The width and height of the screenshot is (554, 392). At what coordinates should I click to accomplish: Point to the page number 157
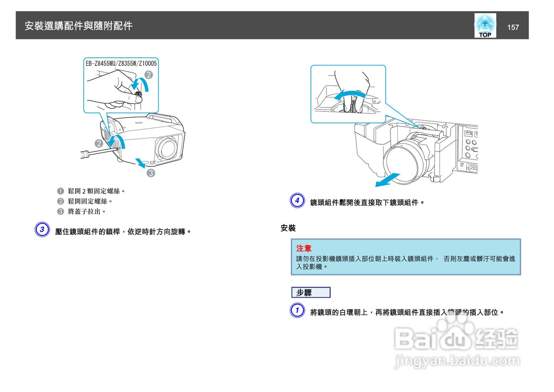click(x=513, y=27)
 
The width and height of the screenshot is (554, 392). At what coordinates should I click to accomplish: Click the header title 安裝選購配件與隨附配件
click(x=78, y=26)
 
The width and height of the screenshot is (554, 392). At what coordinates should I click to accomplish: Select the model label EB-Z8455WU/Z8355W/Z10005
click(x=121, y=63)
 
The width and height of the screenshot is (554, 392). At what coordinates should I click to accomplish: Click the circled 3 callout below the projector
click(x=151, y=173)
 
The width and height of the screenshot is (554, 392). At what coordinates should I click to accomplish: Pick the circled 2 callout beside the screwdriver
click(x=99, y=143)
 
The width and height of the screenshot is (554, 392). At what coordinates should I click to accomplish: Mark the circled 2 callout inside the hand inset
click(x=148, y=75)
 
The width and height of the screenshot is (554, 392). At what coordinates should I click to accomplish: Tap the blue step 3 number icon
click(x=42, y=230)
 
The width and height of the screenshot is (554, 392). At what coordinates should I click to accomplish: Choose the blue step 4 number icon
click(x=297, y=201)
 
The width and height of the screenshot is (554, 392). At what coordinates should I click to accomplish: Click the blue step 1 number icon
click(x=297, y=311)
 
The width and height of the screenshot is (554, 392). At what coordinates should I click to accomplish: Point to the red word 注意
click(x=304, y=248)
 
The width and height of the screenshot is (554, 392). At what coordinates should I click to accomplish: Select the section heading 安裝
click(x=288, y=228)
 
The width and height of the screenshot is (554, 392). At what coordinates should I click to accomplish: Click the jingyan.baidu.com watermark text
click(x=457, y=361)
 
